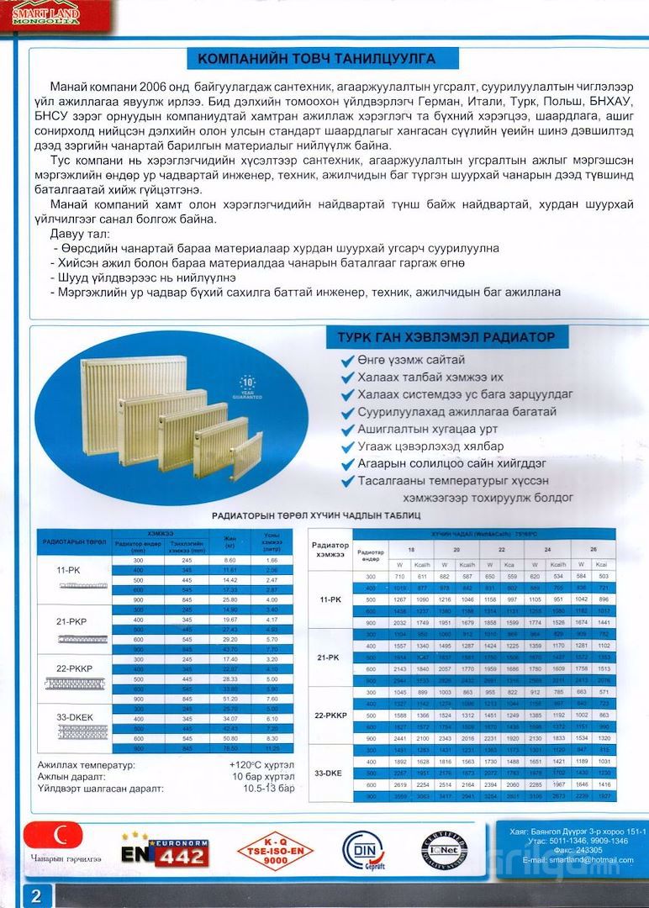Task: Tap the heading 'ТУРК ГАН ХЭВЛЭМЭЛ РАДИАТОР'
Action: pos(441,337)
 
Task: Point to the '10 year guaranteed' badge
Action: pos(247,386)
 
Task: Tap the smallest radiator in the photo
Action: pos(247,456)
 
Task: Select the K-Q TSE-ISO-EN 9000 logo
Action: pos(274,851)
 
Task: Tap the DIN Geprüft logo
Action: pos(362,851)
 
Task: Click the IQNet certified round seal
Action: pos(444,851)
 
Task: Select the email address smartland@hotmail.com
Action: pos(577,860)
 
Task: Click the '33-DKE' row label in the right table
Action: pos(330,772)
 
